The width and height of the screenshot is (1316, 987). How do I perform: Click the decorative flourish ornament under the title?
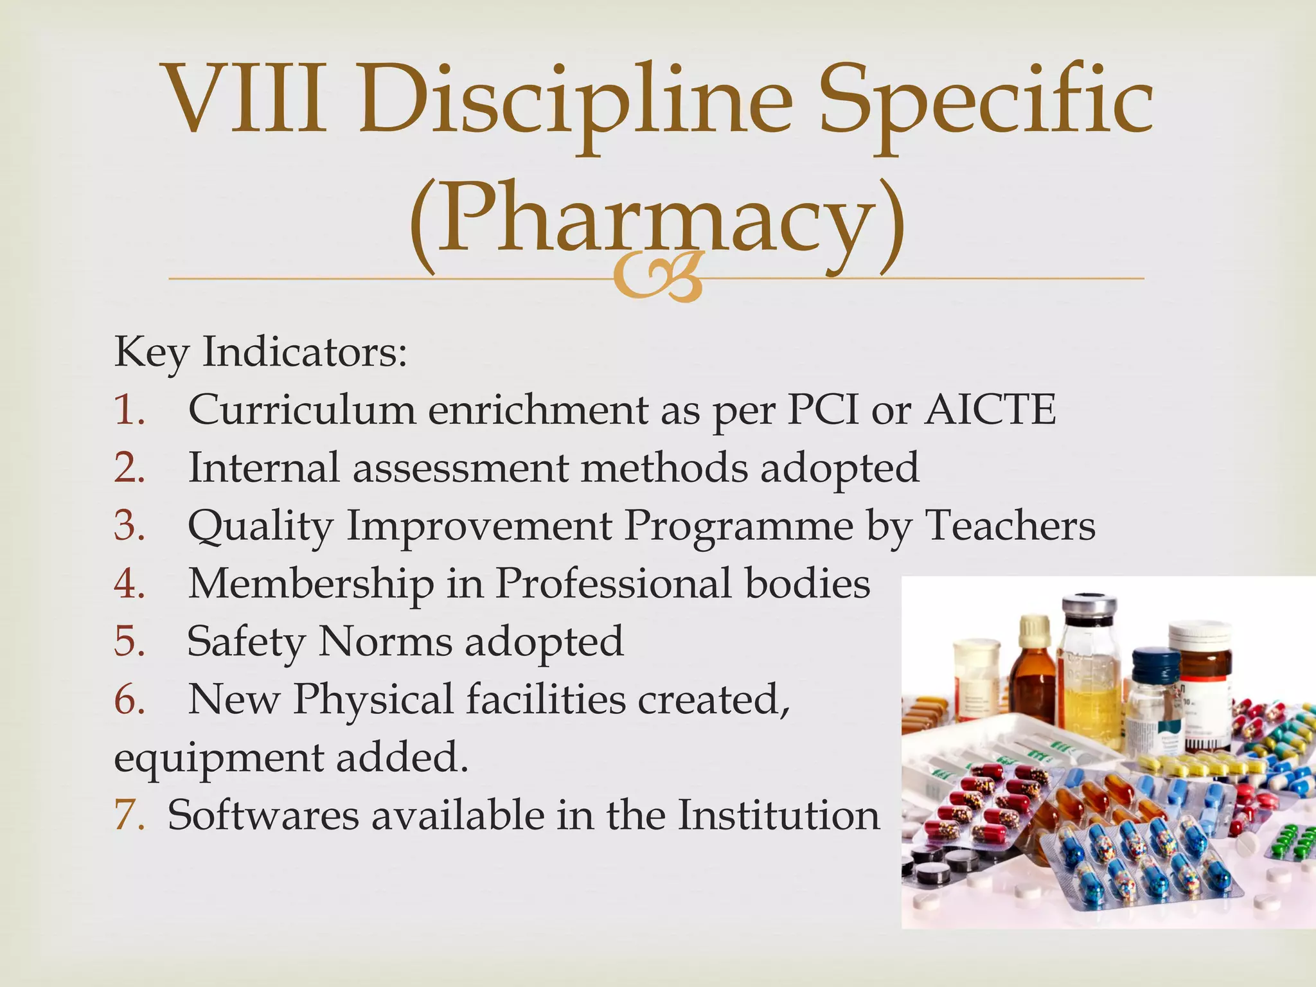point(657,278)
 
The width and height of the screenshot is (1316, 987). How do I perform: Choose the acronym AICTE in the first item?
point(990,409)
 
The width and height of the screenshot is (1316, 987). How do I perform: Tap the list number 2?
point(129,467)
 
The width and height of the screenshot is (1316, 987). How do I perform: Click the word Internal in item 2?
point(263,467)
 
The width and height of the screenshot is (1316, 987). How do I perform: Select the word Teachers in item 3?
point(1009,525)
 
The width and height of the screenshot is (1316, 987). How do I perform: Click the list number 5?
point(129,641)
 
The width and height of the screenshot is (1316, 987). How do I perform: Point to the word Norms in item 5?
point(385,641)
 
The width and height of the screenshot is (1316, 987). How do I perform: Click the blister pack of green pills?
point(1292,842)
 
